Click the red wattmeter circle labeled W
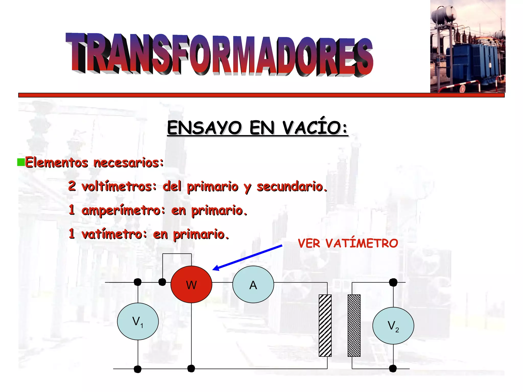pyautogui.click(x=191, y=284)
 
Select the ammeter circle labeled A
pyautogui.click(x=253, y=284)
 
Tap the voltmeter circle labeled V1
pyautogui.click(x=138, y=321)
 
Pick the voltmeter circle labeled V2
pyautogui.click(x=393, y=326)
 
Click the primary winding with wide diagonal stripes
pyautogui.click(x=325, y=325)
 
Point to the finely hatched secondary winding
pyautogui.click(x=354, y=325)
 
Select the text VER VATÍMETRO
pyautogui.click(x=348, y=243)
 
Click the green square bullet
pyautogui.click(x=21, y=162)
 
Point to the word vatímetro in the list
pyautogui.click(x=114, y=234)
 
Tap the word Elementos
pyautogui.click(x=56, y=162)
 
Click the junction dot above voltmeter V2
pyautogui.click(x=393, y=282)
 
